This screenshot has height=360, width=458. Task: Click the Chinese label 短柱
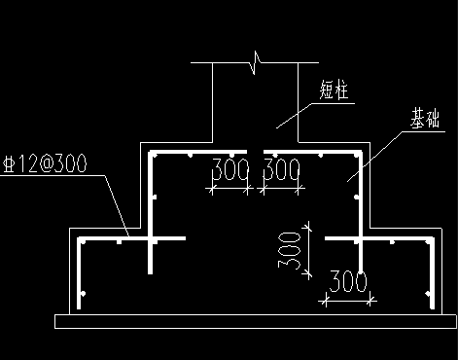pyautogui.click(x=335, y=90)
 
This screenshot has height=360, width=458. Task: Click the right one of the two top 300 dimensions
pyautogui.click(x=281, y=171)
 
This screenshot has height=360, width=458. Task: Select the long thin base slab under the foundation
pyautogui.click(x=258, y=319)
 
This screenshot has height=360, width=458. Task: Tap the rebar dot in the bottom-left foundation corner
pyautogui.click(x=85, y=293)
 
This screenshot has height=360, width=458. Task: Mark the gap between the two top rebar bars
pyautogui.click(x=256, y=152)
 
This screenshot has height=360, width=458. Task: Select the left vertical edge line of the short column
pyautogui.click(x=213, y=102)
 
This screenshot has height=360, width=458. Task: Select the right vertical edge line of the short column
pyautogui.click(x=298, y=102)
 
